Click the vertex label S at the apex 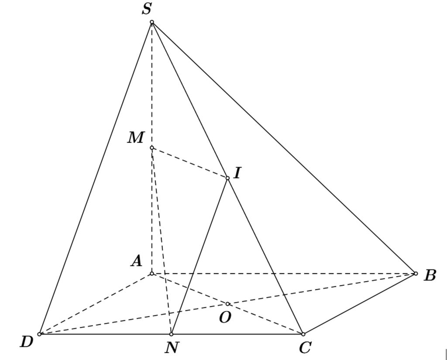[147, 9]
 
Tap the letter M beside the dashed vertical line [136, 137]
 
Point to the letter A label [137, 261]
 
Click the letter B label [430, 276]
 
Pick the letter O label [225, 317]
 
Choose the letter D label [27, 342]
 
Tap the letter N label [172, 348]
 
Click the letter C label [305, 348]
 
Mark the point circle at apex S [152, 22]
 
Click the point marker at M [152, 147]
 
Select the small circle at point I [227, 178]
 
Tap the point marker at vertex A [152, 274]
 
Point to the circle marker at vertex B [416, 274]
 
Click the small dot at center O [227, 304]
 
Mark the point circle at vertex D [39, 334]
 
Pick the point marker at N [171, 334]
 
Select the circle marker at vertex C [303, 334]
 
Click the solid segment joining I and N [199, 256]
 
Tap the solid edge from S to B [284, 147]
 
